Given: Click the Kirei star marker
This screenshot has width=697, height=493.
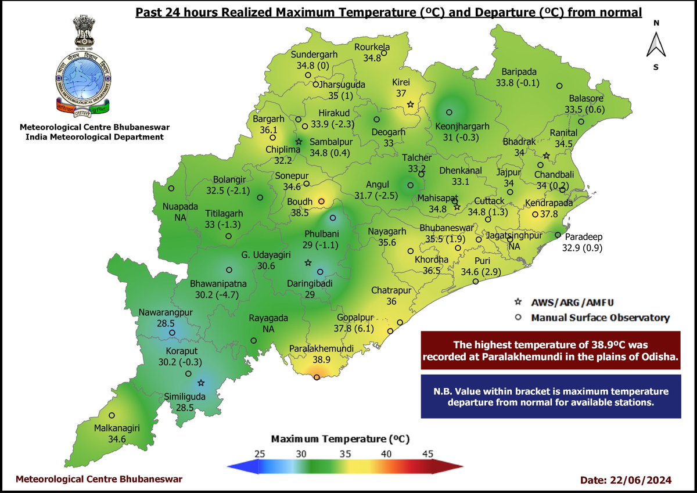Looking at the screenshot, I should point(410,105).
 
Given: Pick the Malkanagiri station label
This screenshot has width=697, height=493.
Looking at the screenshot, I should point(117,434).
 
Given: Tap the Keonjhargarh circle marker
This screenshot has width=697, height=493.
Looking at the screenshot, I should point(448,113).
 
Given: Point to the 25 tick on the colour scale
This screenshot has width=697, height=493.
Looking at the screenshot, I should point(260,454).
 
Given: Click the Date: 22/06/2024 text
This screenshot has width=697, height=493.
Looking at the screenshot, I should point(626,480).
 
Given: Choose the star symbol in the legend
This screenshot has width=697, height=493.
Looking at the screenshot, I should point(518,303).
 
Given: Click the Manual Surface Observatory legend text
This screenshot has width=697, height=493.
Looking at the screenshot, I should point(600,318).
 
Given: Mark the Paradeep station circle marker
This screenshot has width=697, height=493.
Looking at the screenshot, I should point(557,235).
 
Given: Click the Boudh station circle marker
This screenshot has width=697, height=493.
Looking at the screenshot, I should point(321,201).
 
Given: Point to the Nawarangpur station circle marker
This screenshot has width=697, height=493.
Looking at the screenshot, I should point(172,333).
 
